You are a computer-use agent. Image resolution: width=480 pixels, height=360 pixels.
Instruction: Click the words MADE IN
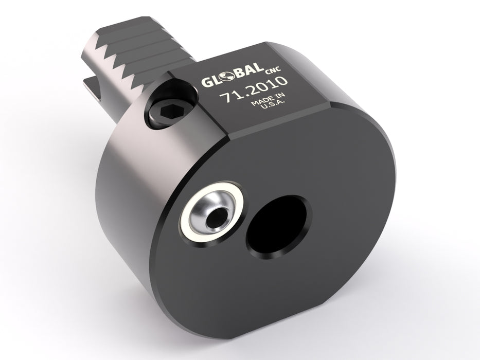[266, 103]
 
